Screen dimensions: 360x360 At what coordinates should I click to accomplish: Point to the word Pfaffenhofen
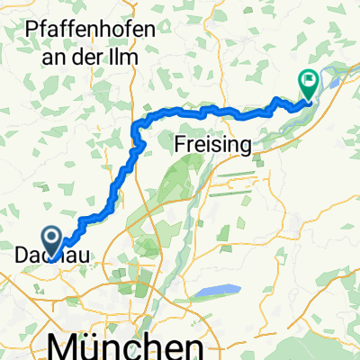[x=87, y=29]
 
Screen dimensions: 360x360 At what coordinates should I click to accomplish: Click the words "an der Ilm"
[x=87, y=51]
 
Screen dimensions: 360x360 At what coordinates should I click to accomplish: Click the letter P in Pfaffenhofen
[x=32, y=29]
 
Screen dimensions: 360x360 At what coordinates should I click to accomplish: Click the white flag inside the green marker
[x=309, y=80]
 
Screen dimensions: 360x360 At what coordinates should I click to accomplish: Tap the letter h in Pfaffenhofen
[x=100, y=29]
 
